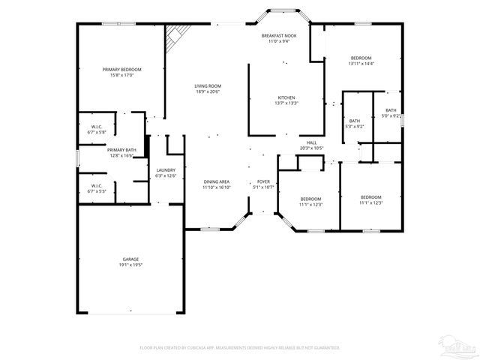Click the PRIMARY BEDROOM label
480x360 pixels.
click(x=121, y=69)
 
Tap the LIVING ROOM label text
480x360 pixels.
click(x=208, y=86)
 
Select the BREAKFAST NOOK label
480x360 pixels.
click(x=278, y=35)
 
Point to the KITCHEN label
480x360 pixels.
click(x=286, y=97)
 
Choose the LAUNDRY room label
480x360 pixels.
click(x=166, y=170)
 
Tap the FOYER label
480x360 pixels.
click(x=263, y=181)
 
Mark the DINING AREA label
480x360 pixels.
click(x=216, y=181)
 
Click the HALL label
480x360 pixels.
click(x=311, y=142)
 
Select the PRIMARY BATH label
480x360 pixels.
click(x=121, y=151)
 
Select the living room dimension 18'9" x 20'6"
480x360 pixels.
click(x=208, y=91)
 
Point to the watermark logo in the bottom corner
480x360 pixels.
click(x=458, y=346)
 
